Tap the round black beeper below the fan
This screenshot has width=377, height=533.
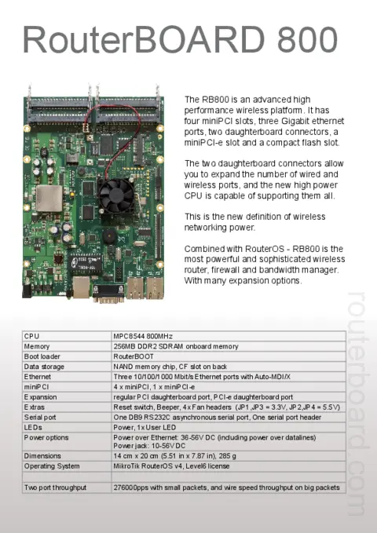[x=110, y=235]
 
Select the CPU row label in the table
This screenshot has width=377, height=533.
[x=32, y=336]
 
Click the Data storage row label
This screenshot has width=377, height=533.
[x=44, y=366]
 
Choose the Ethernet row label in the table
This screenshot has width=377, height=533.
[x=38, y=376]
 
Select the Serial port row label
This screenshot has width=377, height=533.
[x=42, y=417]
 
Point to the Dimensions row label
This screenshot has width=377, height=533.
[x=42, y=455]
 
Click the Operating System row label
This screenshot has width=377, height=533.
[x=52, y=465]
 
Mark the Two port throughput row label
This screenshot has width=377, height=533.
[x=56, y=487]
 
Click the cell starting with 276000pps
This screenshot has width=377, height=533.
[x=226, y=487]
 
